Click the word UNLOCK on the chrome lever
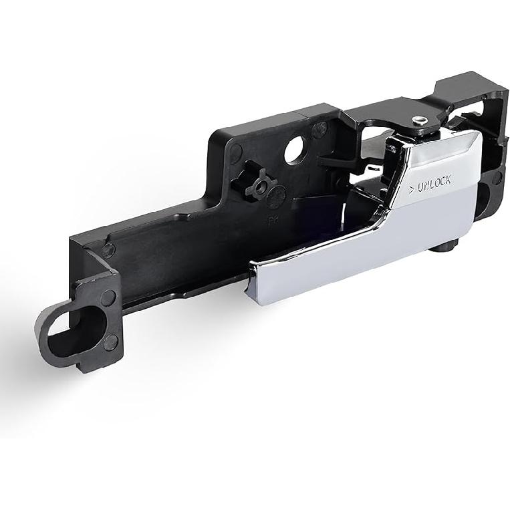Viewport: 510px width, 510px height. [x=434, y=182]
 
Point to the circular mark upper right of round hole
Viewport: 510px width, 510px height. [x=322, y=128]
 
